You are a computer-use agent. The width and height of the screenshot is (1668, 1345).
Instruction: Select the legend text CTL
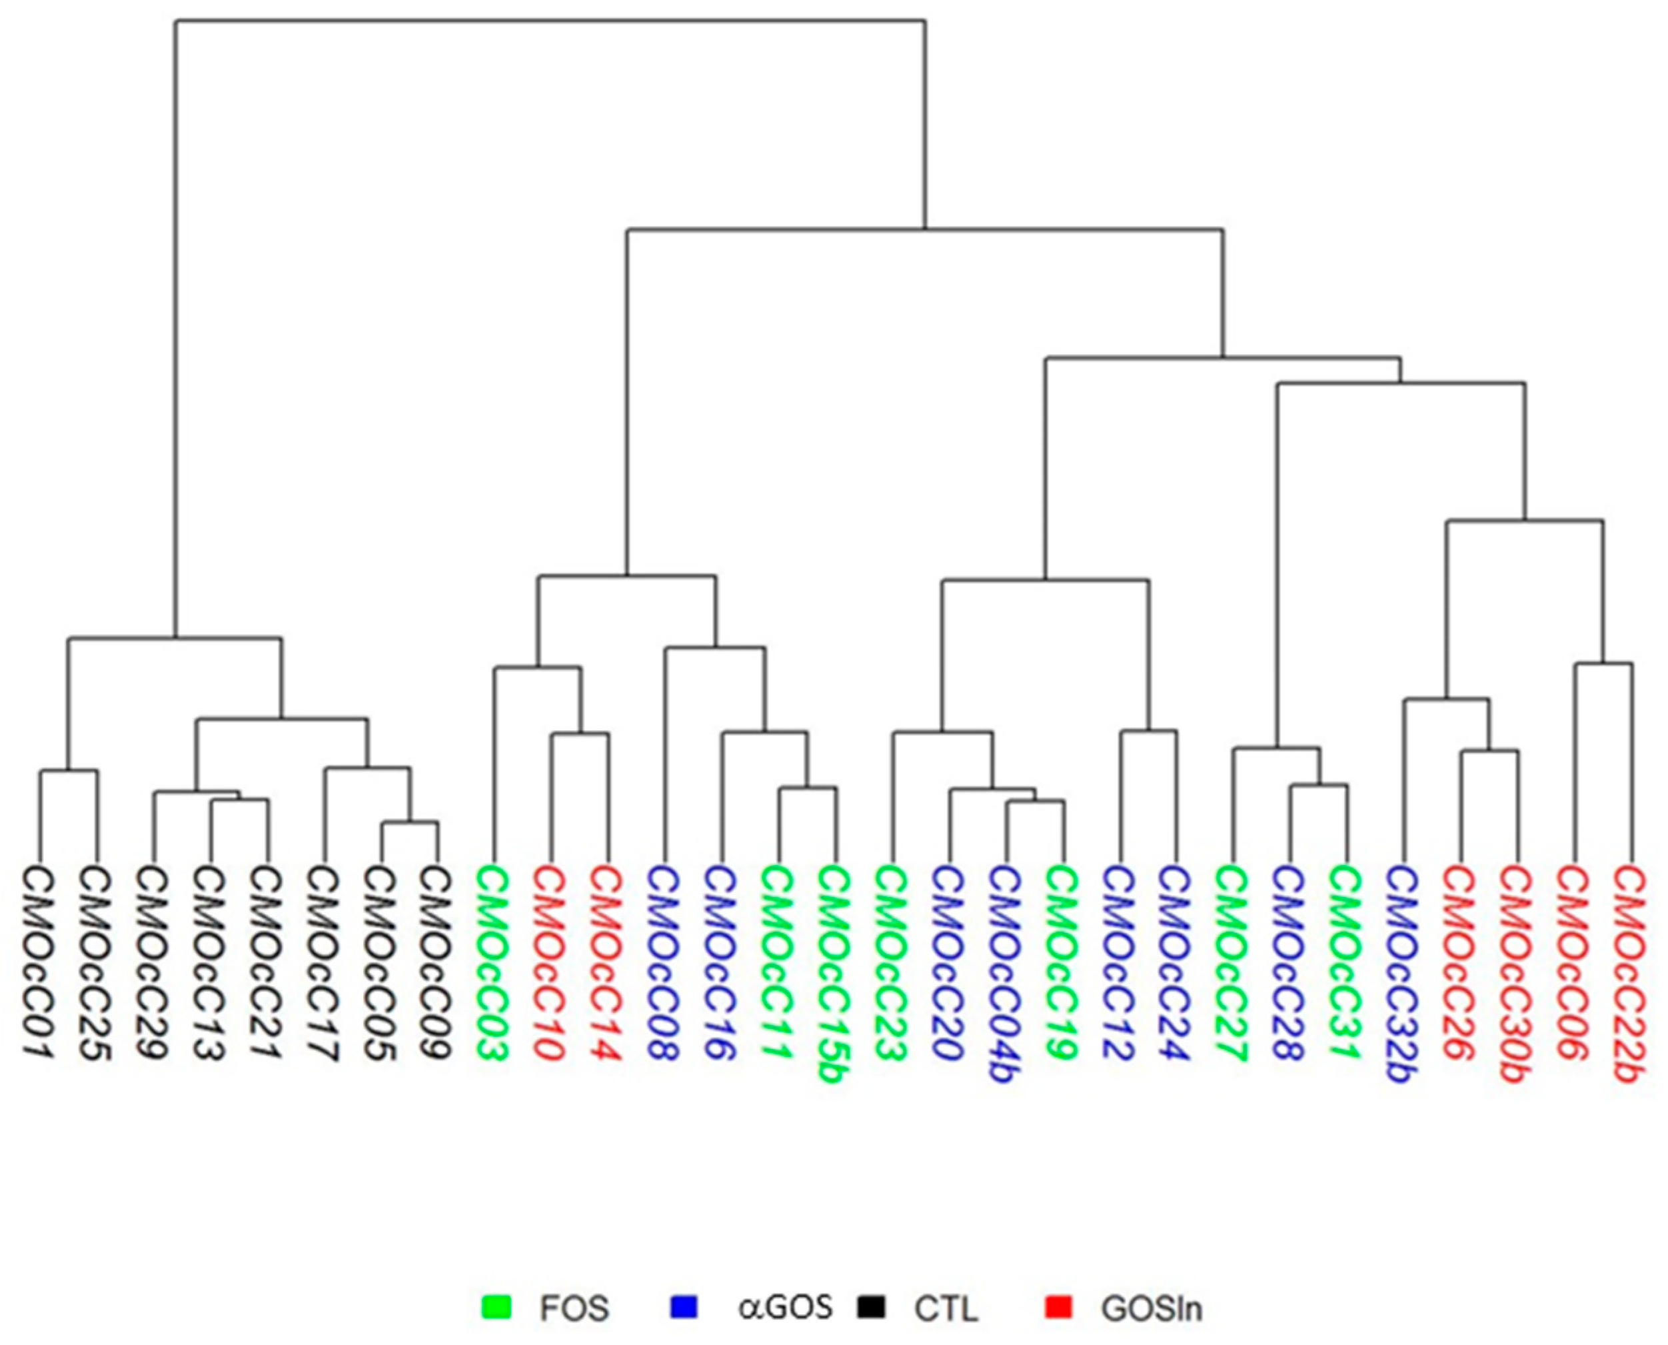[x=946, y=1308]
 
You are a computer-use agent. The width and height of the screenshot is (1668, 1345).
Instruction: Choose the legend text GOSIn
[x=1151, y=1308]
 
